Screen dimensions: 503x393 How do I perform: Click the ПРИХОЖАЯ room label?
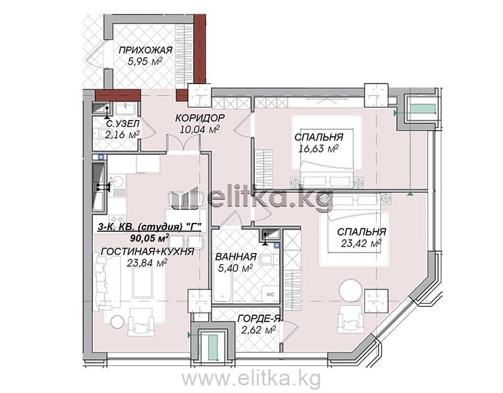pos(146,50)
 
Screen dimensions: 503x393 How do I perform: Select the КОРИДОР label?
pos(200,118)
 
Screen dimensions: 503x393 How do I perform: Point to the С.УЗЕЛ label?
pos(123,123)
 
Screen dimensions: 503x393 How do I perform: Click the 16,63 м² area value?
pos(319,148)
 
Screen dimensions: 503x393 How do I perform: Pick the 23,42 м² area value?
pos(361,243)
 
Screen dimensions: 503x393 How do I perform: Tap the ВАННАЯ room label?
pos(236,257)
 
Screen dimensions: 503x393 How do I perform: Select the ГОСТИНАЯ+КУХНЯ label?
pos(148,252)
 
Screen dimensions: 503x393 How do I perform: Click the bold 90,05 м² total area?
pos(150,238)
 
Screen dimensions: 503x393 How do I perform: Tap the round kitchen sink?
pos(117,181)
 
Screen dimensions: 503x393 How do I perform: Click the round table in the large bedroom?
pos(351,291)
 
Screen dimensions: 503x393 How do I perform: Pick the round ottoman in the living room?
pos(117,321)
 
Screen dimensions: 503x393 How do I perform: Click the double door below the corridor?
pos(183,144)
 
